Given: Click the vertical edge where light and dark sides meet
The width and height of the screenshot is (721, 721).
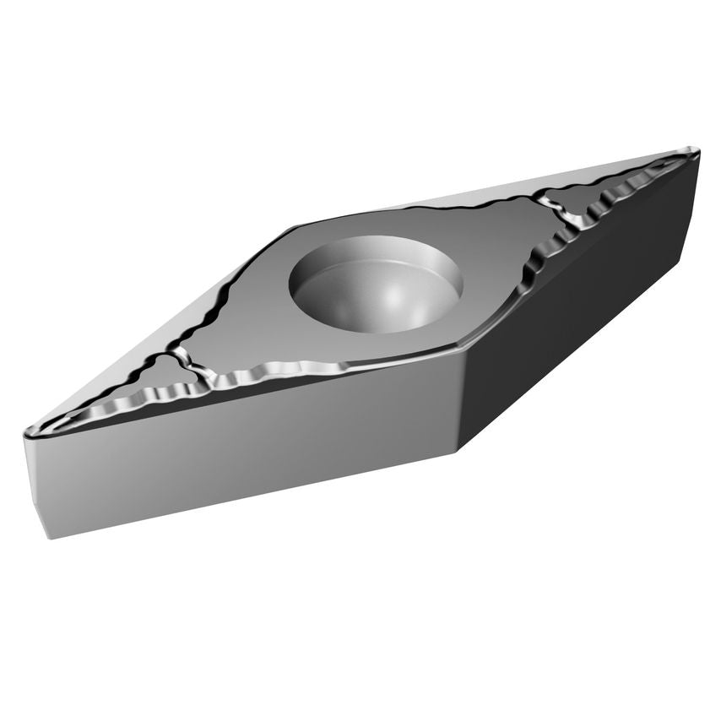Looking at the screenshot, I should point(460,405).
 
